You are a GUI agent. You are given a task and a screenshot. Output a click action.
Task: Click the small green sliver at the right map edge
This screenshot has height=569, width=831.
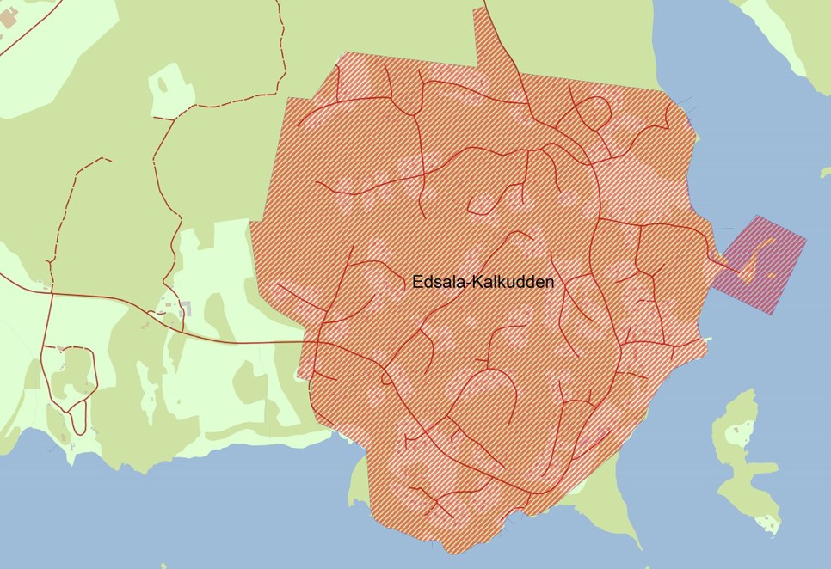[x=826, y=172]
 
